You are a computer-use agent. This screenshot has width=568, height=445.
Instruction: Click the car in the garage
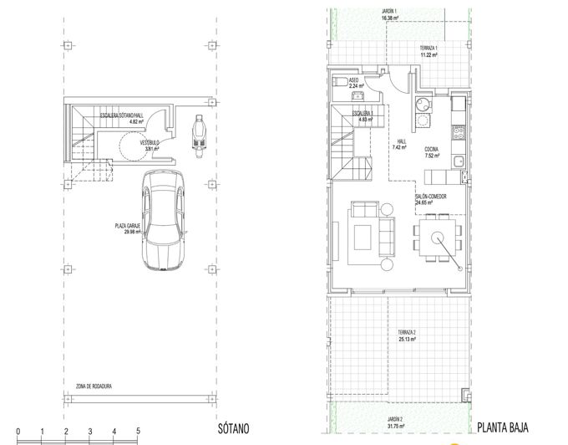tap(162, 220)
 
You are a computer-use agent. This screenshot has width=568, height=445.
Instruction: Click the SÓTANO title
tap(233, 428)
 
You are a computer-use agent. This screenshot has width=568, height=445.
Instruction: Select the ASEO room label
tap(353, 81)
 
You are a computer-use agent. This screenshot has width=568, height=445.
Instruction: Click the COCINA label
tap(432, 149)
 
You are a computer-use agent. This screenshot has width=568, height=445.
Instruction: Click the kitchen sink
tap(459, 160)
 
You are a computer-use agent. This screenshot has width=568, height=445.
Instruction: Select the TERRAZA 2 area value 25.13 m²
tap(407, 340)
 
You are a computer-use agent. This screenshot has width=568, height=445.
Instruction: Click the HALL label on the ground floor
tap(402, 141)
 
